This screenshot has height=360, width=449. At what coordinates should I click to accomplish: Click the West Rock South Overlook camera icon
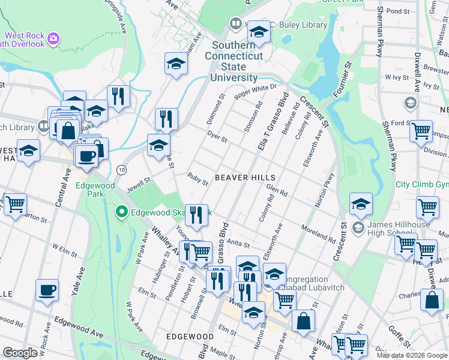(x=54, y=38)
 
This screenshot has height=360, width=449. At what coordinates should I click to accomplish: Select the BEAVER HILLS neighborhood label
(x=245, y=178)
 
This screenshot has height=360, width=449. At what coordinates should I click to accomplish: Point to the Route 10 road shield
(x=121, y=170)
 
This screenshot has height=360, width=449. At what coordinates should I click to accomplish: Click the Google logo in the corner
(x=20, y=353)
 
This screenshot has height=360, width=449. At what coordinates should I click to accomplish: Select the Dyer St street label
(x=217, y=137)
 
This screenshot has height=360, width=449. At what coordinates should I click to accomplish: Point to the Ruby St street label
(x=197, y=177)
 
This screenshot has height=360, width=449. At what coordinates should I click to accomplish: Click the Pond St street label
(x=397, y=11)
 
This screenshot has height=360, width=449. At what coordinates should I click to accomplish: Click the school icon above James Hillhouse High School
(x=361, y=205)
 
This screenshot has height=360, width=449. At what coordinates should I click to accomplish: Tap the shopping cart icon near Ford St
(x=421, y=130)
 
